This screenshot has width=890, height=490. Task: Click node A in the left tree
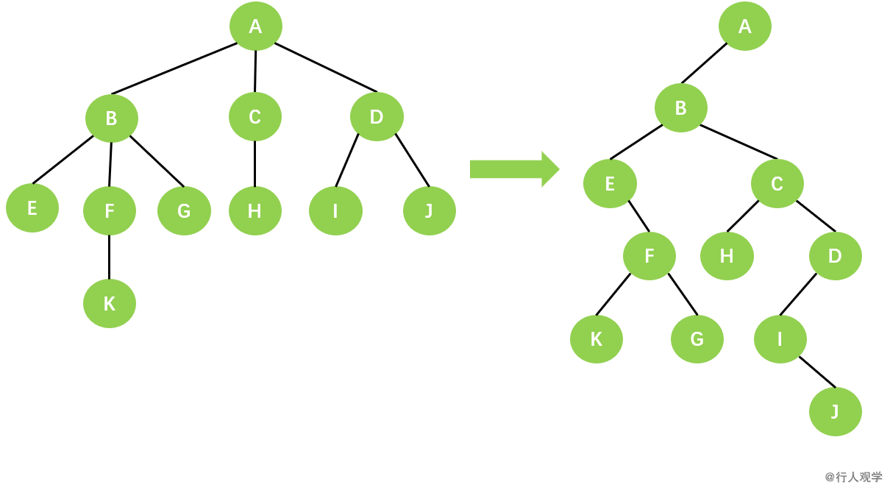coord(255,26)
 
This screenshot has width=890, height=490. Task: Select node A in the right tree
coord(744,26)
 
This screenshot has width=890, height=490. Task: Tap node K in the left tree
coord(109,303)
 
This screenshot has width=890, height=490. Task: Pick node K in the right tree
coord(596,338)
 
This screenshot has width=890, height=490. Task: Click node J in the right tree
coord(835,411)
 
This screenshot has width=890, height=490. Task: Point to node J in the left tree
coord(429,210)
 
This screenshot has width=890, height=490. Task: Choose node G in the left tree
coord(184,210)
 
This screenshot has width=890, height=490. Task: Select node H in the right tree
coord(727,255)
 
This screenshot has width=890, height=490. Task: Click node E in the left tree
coord(32,207)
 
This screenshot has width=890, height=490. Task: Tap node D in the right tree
coord(835,255)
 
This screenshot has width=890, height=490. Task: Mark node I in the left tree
coord(335,210)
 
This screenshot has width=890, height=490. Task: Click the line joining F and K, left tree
coord(109,257)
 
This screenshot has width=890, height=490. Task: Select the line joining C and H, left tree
coord(254,163)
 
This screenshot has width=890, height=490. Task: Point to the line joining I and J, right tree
coord(817,372)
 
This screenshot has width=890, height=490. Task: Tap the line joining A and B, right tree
coord(704,63)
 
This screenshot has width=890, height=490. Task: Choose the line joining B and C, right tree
coord(738,141)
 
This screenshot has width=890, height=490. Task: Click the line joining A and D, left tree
coord(325,67)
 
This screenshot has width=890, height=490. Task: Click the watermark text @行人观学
coord(853,477)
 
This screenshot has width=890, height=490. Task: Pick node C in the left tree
coord(254,116)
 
